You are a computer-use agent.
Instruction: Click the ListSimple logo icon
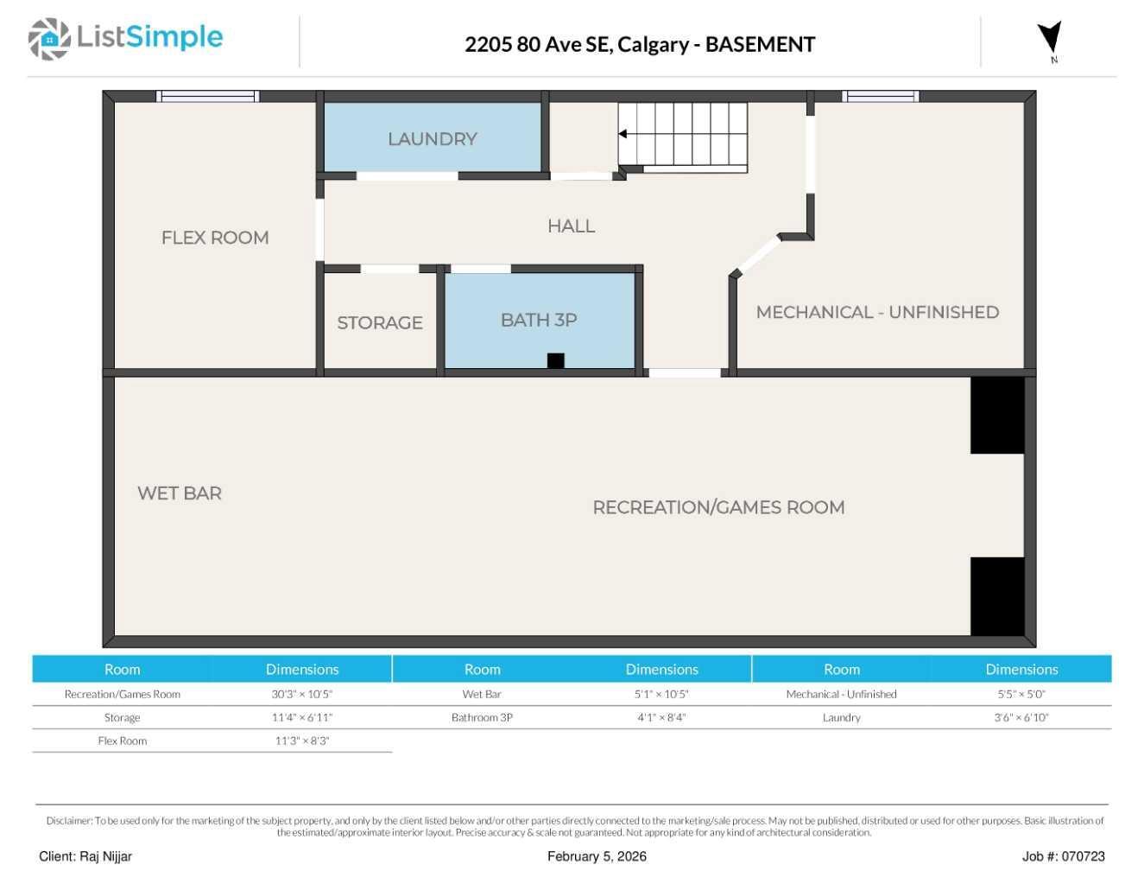tap(49, 39)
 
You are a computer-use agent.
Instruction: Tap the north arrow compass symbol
tap(1050, 40)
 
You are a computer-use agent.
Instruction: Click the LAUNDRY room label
tap(432, 139)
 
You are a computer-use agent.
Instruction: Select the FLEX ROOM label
tap(215, 238)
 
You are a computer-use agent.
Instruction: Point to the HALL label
tap(571, 226)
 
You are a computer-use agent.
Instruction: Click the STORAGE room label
tap(380, 323)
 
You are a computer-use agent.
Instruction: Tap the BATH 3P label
tap(539, 321)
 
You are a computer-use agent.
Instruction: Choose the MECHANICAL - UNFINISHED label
tap(877, 313)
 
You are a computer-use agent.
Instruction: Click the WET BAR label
tap(180, 493)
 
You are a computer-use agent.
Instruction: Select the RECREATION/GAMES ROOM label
tap(718, 508)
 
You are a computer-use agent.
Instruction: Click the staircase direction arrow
tap(623, 134)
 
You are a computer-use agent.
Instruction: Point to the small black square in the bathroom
tap(556, 360)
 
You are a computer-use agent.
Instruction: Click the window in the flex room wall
tap(207, 97)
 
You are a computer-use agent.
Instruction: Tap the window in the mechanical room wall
tap(880, 97)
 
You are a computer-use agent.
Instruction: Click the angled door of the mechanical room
tap(756, 256)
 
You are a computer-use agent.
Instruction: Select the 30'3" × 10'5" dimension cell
tap(302, 694)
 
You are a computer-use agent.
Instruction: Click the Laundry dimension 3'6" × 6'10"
tap(1021, 717)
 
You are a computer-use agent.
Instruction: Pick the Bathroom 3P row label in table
tap(482, 717)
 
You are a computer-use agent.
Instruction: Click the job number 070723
tap(1083, 856)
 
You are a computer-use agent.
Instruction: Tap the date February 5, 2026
tap(597, 856)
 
